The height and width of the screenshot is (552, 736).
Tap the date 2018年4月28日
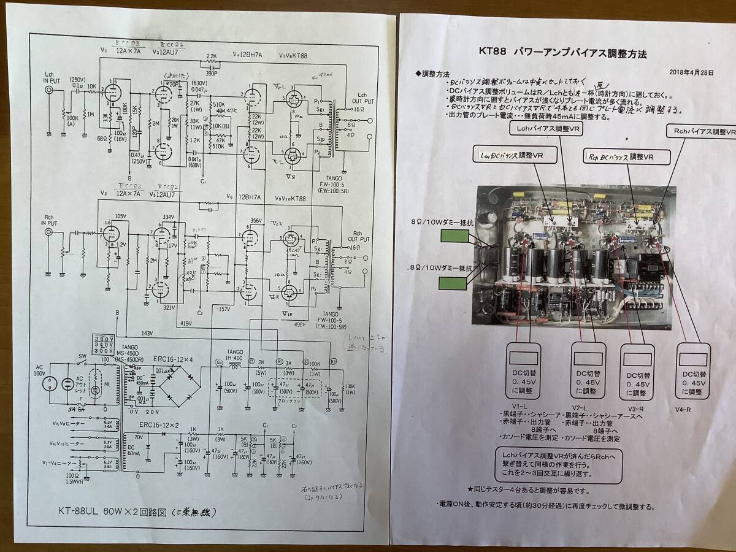point(692,72)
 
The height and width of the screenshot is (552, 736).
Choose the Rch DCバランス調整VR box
point(621,157)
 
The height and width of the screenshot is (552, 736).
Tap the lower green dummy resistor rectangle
point(458,283)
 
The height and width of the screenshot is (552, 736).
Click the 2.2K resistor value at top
point(212,56)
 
